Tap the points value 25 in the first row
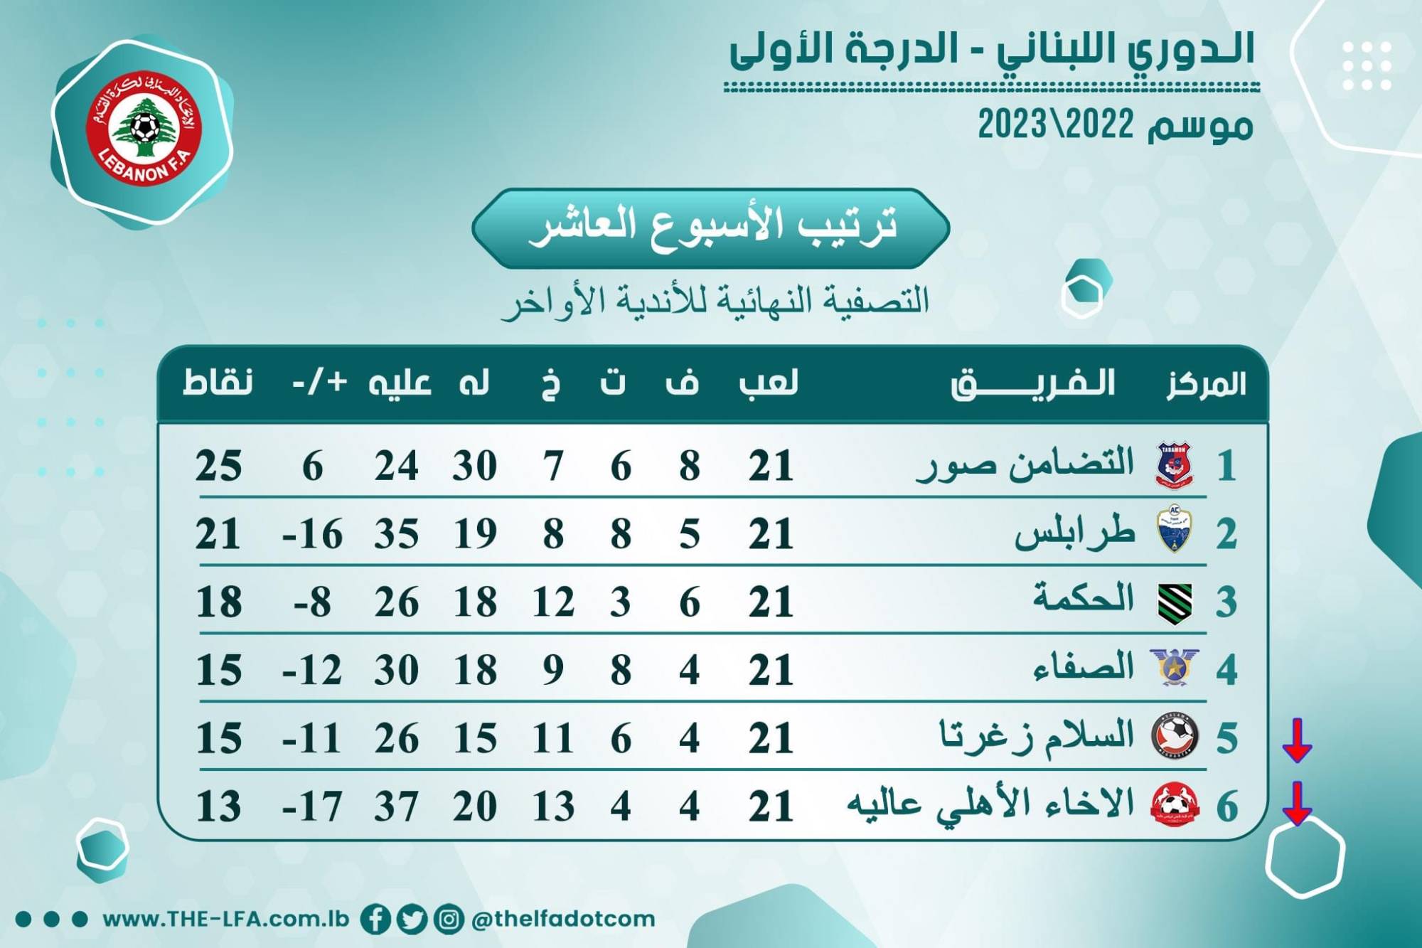(x=219, y=467)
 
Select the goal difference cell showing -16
(x=313, y=534)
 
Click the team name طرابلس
(x=1074, y=533)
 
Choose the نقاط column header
(x=218, y=383)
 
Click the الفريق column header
(x=1032, y=385)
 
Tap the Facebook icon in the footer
(x=375, y=919)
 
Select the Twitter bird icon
(x=412, y=919)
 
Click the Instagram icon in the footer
(x=449, y=919)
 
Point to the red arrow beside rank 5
(x=1297, y=740)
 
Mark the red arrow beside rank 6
(x=1297, y=804)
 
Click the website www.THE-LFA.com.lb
(x=226, y=919)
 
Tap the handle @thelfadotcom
(x=563, y=919)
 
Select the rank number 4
(x=1226, y=670)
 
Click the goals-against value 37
(x=397, y=806)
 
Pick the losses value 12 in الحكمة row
(x=553, y=602)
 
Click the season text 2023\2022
(x=1056, y=125)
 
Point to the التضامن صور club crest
(x=1174, y=466)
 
